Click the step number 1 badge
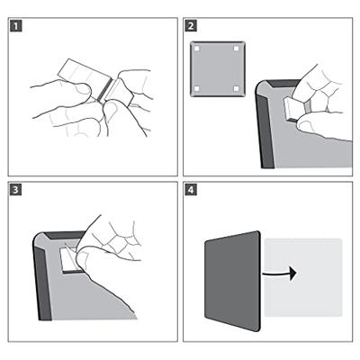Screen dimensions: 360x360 [x=16, y=26]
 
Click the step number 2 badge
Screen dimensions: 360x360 [x=191, y=26]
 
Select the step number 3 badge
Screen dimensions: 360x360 [x=16, y=190]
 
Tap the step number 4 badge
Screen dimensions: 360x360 [x=191, y=190]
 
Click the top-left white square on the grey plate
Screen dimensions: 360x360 [x=196, y=49]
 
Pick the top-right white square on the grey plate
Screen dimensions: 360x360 [x=236, y=49]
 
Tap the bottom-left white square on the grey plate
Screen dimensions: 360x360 [x=196, y=88]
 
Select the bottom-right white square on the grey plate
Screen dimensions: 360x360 [x=236, y=88]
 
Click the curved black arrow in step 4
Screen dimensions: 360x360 [x=279, y=274]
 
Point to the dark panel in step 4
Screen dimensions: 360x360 [x=232, y=281]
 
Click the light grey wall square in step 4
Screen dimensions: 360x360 [x=303, y=277]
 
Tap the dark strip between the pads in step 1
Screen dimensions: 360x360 [x=105, y=90]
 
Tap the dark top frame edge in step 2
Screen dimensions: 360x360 [x=283, y=84]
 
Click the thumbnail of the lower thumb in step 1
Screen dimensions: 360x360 [x=110, y=111]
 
